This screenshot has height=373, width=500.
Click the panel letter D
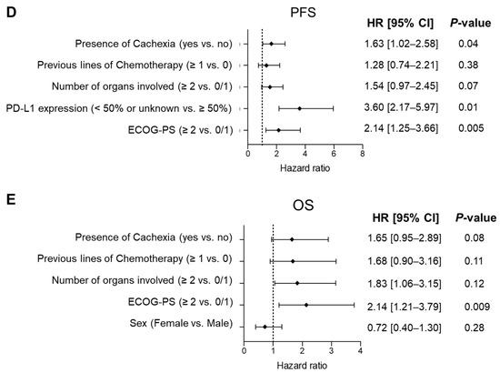click(x=10, y=12)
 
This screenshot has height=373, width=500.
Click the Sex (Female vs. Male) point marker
click(x=265, y=326)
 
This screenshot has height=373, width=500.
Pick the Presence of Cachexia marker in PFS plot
click(x=270, y=44)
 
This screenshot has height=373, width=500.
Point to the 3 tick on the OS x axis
click(x=331, y=349)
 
